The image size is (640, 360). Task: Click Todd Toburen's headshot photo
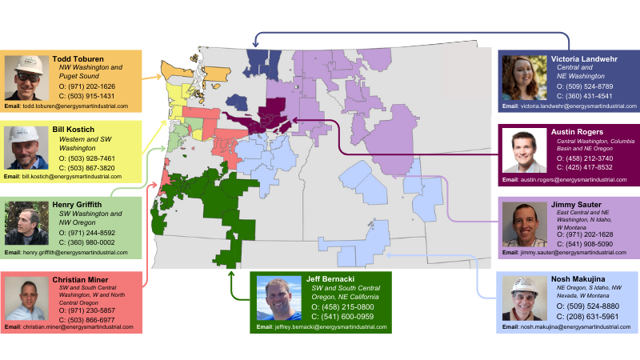(27, 77)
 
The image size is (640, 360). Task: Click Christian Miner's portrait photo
(27, 300)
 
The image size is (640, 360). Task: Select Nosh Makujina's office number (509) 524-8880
(594, 306)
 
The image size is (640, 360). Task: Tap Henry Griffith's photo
(27, 222)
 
